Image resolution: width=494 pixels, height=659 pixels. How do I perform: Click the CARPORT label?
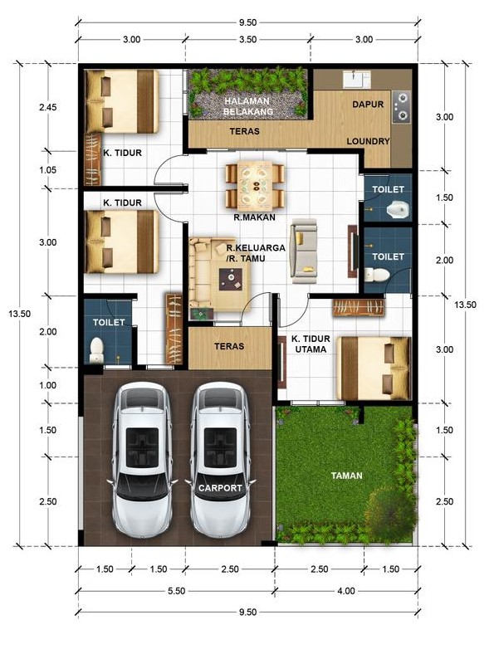click(x=220, y=488)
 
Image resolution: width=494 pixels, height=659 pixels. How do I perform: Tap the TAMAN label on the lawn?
click(x=346, y=476)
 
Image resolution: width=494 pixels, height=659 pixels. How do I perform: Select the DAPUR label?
click(x=368, y=105)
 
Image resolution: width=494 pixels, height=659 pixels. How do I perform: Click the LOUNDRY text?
click(x=368, y=141)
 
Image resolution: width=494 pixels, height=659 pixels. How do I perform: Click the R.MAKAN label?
click(x=254, y=217)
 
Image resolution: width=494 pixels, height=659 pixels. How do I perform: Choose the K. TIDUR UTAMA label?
click(x=311, y=344)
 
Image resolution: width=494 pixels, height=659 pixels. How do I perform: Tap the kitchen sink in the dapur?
click(x=356, y=80)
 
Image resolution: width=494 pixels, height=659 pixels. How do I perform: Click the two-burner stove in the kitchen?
click(x=402, y=107)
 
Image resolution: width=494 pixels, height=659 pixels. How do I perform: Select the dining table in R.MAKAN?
click(x=255, y=186)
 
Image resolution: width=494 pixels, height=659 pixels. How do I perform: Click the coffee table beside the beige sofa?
click(x=230, y=279)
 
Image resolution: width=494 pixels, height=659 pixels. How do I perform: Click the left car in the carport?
click(x=142, y=460)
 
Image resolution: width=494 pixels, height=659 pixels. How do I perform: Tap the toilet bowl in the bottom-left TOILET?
click(x=96, y=349)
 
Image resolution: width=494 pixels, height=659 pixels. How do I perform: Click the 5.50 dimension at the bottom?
click(x=176, y=591)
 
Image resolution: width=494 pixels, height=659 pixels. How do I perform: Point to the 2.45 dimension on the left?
click(x=48, y=107)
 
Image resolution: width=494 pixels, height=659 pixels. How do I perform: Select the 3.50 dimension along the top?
click(x=247, y=40)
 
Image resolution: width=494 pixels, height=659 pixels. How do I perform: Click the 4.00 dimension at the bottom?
click(x=346, y=591)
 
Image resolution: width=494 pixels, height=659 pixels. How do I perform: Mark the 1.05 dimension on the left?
click(x=48, y=170)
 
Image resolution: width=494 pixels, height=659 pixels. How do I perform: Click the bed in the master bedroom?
click(x=375, y=369)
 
